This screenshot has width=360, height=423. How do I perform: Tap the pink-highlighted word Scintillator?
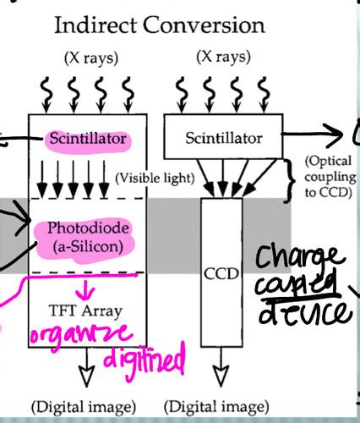point(86,137)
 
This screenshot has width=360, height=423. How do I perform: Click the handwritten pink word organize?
point(82,336)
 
